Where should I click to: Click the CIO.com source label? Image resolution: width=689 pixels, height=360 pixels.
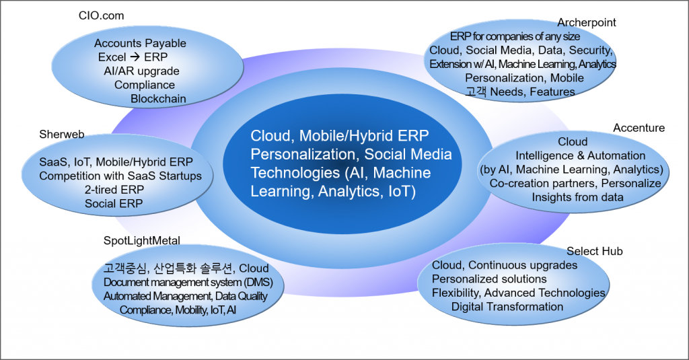click(x=102, y=15)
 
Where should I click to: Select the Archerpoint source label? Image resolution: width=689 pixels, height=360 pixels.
click(x=586, y=23)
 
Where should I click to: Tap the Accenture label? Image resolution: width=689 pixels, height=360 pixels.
click(x=639, y=128)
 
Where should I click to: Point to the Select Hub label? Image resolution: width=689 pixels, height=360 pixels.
click(x=594, y=251)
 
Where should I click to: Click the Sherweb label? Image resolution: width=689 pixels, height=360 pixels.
click(x=61, y=135)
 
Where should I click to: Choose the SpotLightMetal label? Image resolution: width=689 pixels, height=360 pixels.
click(x=142, y=240)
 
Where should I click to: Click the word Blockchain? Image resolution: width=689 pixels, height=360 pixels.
click(x=158, y=98)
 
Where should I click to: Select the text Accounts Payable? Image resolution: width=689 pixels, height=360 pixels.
click(x=140, y=44)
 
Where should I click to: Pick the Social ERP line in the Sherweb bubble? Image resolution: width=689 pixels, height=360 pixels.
click(x=114, y=204)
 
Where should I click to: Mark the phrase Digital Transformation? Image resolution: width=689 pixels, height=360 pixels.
click(x=507, y=307)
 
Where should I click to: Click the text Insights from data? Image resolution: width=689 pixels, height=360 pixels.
click(x=577, y=197)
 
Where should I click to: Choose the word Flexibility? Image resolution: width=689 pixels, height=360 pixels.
click(x=455, y=293)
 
